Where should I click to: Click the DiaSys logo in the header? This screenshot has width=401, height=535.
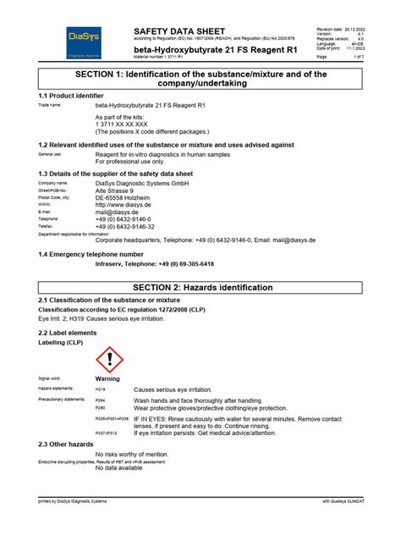[x=83, y=41]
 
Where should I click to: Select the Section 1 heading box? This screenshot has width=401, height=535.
[x=200, y=80]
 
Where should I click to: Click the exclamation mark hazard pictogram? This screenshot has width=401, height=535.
[x=110, y=360]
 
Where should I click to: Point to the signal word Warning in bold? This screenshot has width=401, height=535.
[x=107, y=378]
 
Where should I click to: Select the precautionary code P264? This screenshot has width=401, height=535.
[x=101, y=400]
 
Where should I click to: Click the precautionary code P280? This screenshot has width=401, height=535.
[x=101, y=407]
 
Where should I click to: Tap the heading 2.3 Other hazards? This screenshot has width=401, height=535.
[x=66, y=444]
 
